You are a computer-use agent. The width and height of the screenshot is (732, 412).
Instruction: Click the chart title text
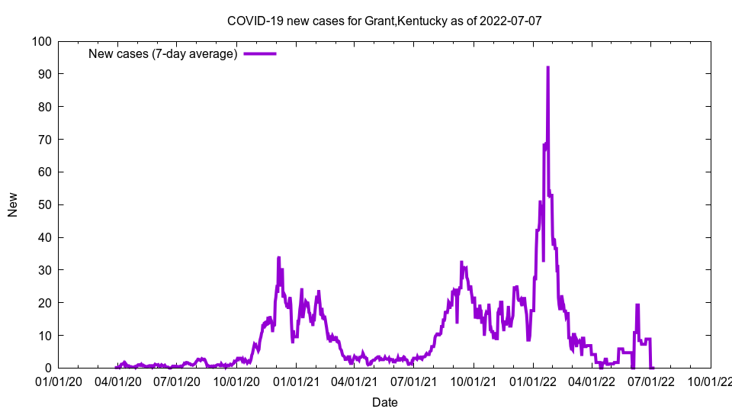(384, 21)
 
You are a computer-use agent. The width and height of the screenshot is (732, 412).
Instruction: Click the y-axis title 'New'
(13, 204)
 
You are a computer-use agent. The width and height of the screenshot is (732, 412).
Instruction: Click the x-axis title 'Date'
(384, 402)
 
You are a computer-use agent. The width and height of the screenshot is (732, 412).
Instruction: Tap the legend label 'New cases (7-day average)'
(162, 53)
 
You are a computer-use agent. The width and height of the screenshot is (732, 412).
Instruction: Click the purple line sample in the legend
(259, 53)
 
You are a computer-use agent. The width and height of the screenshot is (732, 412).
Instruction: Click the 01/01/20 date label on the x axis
(58, 381)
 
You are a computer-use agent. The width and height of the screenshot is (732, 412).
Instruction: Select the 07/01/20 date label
(177, 381)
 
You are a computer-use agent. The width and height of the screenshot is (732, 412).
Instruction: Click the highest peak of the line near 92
(547, 68)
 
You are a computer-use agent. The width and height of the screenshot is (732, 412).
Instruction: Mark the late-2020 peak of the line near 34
(279, 258)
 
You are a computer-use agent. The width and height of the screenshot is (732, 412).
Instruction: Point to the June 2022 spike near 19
(637, 305)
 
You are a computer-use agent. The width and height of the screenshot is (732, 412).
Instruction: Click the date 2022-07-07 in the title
(510, 21)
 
